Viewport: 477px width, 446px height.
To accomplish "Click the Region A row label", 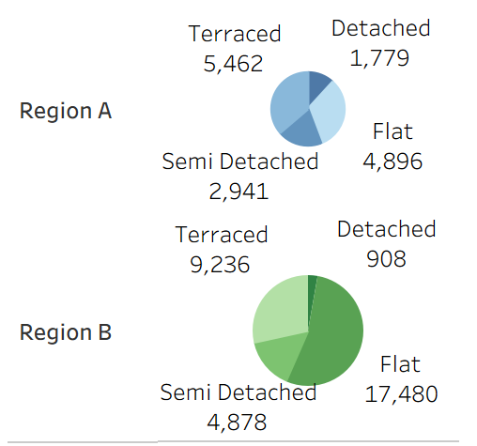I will click(x=66, y=111).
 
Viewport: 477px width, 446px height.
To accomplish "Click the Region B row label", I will click(x=66, y=332).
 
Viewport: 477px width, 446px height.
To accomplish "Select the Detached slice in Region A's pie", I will click(x=318, y=84).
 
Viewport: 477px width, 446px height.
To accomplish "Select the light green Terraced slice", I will click(x=280, y=310).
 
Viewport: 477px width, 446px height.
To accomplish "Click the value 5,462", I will click(x=233, y=64).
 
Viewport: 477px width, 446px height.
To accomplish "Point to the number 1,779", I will click(x=379, y=58).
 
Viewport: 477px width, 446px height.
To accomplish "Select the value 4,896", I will click(x=392, y=161).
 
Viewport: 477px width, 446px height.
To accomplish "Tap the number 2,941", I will click(x=239, y=192).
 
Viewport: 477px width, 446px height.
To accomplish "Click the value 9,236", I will click(x=220, y=265).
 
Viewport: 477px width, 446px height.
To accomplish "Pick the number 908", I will click(x=386, y=258).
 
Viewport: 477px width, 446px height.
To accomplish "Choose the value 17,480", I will click(x=400, y=394).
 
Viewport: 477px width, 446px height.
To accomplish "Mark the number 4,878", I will click(x=238, y=422).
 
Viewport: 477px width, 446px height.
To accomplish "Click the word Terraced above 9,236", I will click(x=222, y=235).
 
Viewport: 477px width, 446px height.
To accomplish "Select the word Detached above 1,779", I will click(x=380, y=28).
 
